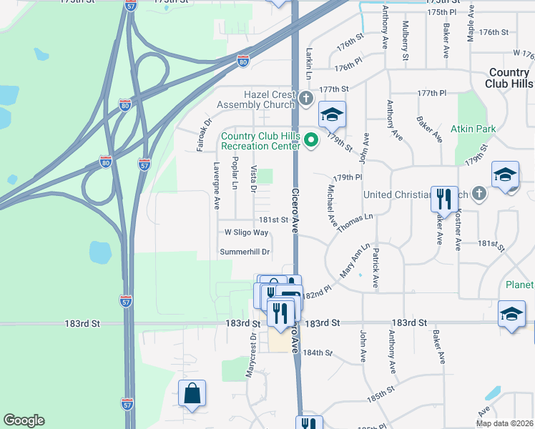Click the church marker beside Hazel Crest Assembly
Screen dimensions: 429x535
[306, 98]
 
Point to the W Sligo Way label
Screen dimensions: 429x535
[246, 232]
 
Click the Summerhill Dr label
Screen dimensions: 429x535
[245, 252]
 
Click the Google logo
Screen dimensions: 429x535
[24, 420]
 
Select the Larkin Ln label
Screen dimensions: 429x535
[310, 64]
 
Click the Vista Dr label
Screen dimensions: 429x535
[253, 179]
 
